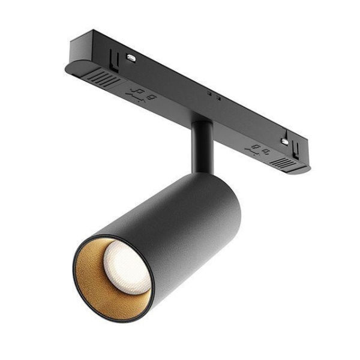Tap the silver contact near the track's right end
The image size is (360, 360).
tap(284, 142)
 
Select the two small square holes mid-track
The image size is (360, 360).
tap(214, 95)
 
